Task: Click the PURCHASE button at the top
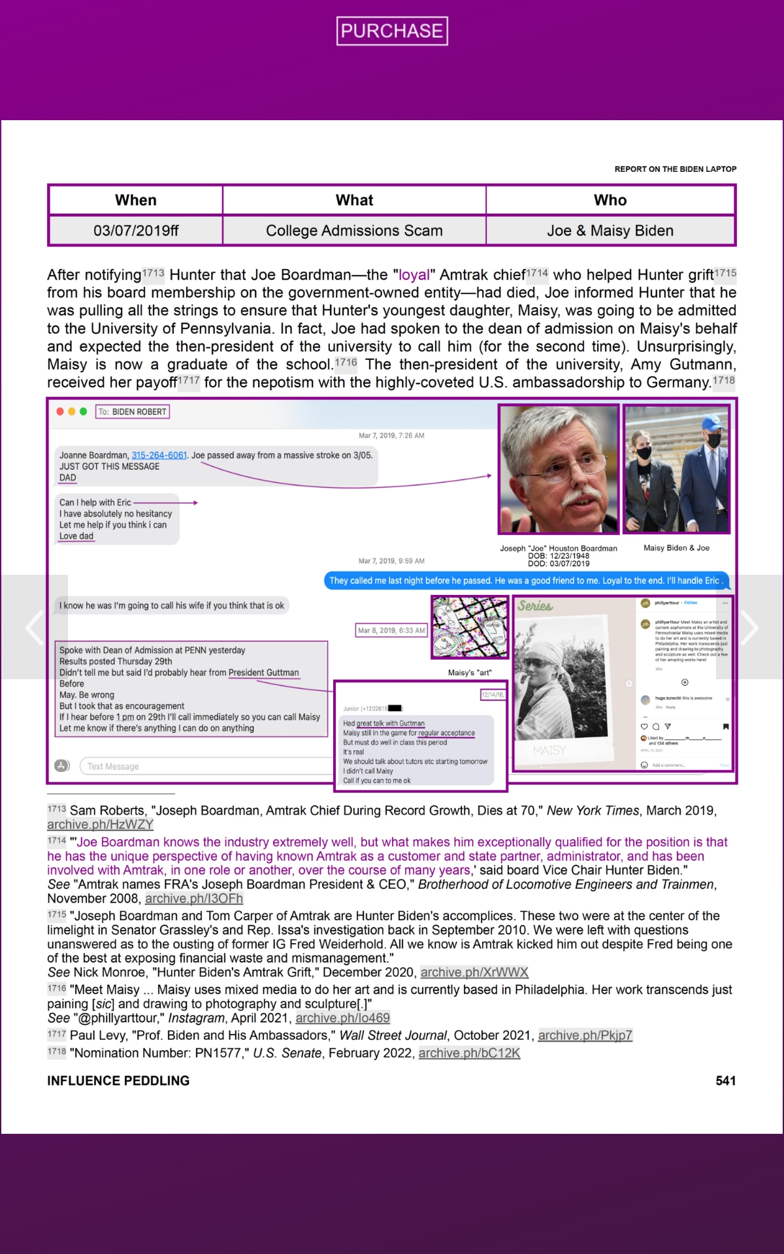[x=392, y=31]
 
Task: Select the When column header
[x=136, y=200]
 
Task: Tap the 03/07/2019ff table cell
[x=136, y=231]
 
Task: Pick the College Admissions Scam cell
[x=354, y=231]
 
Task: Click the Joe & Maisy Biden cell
[x=610, y=231]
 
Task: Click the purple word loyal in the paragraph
[x=414, y=275]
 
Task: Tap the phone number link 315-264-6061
[x=159, y=455]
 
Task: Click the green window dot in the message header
[x=83, y=411]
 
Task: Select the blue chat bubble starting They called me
[x=526, y=581]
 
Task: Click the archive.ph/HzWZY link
[x=100, y=825]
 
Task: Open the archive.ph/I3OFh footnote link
[x=194, y=899]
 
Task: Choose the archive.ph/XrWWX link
[x=474, y=973]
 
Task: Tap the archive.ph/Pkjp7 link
[x=585, y=1035]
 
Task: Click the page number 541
[x=725, y=1081]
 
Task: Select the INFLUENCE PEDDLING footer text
[x=118, y=1081]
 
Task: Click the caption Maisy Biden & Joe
[x=676, y=548]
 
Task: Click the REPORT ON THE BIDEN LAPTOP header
[x=675, y=169]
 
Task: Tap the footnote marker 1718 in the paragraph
[x=723, y=380]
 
